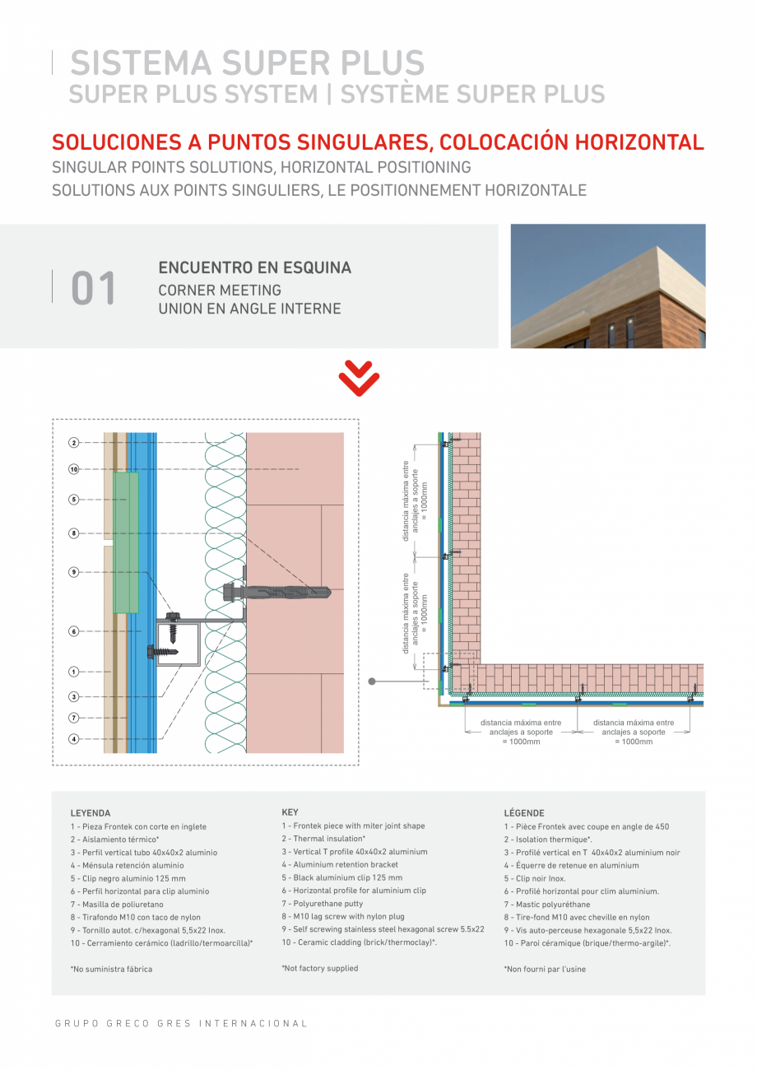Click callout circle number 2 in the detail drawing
tap(74, 443)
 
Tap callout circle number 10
tap(74, 469)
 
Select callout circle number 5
tap(74, 499)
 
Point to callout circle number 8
tap(74, 533)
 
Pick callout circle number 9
tap(74, 571)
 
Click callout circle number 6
tap(74, 631)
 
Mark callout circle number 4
tap(74, 739)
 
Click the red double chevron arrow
tap(359, 380)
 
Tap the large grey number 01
tap(94, 289)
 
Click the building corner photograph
tap(608, 286)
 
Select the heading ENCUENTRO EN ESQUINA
tap(254, 267)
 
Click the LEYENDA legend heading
tap(91, 812)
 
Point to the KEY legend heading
tap(290, 812)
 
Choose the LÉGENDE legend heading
tap(524, 812)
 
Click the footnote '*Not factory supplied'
tap(320, 968)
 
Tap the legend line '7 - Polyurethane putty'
tap(323, 903)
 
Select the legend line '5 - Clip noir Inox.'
tap(535, 878)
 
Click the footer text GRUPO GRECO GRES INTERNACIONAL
tap(181, 1023)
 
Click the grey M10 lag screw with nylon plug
tap(276, 591)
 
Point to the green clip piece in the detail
tap(126, 542)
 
